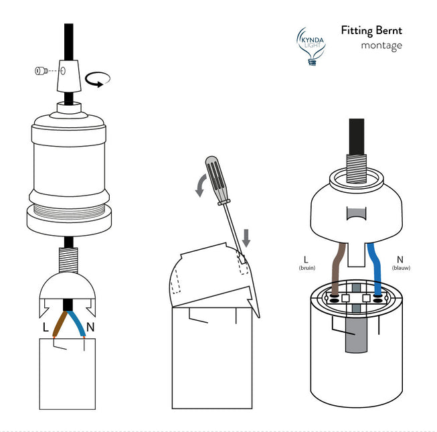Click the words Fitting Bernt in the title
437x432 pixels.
[371, 30]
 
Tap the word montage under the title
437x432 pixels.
[381, 46]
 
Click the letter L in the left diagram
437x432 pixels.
[45, 329]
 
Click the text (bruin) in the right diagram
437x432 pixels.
[306, 268]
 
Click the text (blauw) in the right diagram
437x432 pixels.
[400, 268]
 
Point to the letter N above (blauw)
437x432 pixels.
[400, 259]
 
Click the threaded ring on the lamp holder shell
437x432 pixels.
[67, 198]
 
